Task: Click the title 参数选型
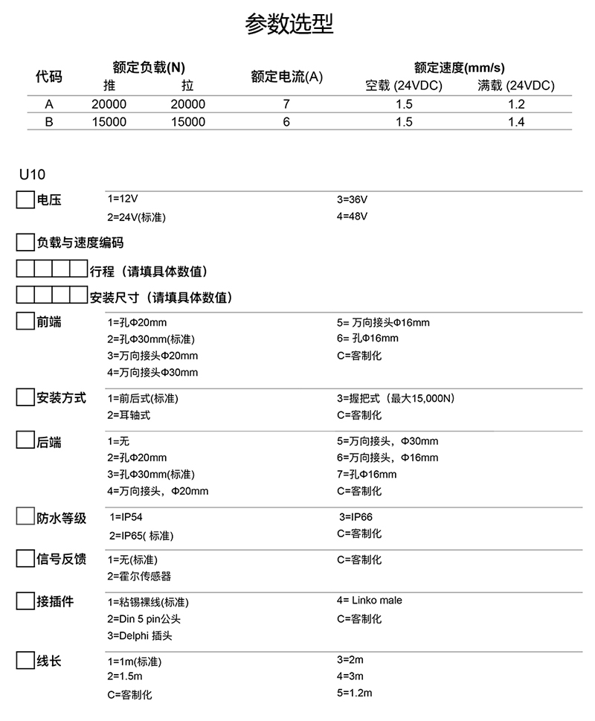pyautogui.click(x=289, y=25)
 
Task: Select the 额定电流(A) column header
pyautogui.click(x=286, y=76)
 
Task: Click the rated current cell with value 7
pyautogui.click(x=286, y=104)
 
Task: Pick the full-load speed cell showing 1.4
pyautogui.click(x=516, y=122)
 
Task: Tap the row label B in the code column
pyautogui.click(x=49, y=122)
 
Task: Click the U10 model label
pyautogui.click(x=32, y=175)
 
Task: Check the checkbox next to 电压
pyautogui.click(x=25, y=199)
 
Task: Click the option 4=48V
pyautogui.click(x=352, y=217)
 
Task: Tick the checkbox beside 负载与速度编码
pyautogui.click(x=25, y=243)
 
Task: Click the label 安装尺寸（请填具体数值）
pyautogui.click(x=161, y=298)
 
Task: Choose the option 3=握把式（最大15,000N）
pyautogui.click(x=396, y=398)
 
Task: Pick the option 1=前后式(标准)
pyautogui.click(x=143, y=398)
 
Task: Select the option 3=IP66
pyautogui.click(x=356, y=516)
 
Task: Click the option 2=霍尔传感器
pyautogui.click(x=139, y=576)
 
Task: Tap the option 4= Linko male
pyautogui.click(x=370, y=600)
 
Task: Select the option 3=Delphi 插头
pyautogui.click(x=141, y=635)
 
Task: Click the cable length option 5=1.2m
pyautogui.click(x=354, y=693)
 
